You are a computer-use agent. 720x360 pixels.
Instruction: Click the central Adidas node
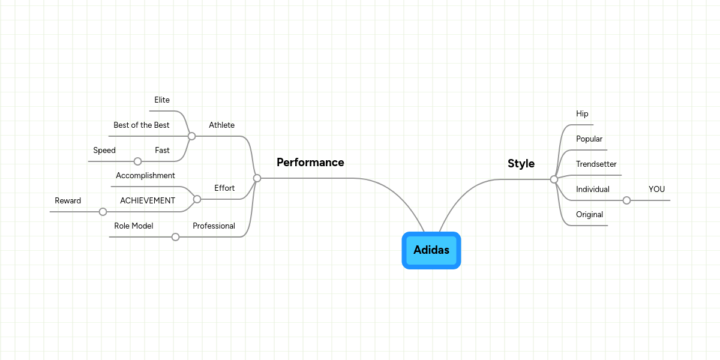[431, 250]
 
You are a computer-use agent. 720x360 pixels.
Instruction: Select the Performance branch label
[310, 162]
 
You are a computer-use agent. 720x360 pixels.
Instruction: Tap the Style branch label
[521, 163]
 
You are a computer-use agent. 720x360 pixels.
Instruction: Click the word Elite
[162, 100]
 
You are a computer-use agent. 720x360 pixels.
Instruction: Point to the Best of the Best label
[142, 125]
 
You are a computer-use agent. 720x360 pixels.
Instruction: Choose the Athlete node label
[221, 125]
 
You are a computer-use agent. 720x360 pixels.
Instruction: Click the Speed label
[104, 150]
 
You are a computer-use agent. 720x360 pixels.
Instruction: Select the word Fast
[162, 150]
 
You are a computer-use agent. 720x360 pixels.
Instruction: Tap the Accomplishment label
[145, 175]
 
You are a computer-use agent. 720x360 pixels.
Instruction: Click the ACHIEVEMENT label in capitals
[148, 200]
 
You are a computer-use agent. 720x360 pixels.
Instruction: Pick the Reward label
[68, 200]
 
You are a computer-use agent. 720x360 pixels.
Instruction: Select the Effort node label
[224, 188]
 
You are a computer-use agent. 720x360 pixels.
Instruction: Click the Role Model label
[134, 226]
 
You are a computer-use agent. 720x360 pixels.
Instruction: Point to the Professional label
[214, 226]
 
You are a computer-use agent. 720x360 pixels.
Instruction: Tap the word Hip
[582, 113]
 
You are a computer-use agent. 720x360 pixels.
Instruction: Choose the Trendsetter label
[596, 164]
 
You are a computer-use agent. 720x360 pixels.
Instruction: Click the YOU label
[656, 189]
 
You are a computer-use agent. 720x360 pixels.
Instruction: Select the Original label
[589, 214]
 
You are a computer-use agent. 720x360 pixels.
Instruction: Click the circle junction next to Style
[554, 179]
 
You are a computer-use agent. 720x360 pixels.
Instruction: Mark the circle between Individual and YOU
[626, 200]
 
